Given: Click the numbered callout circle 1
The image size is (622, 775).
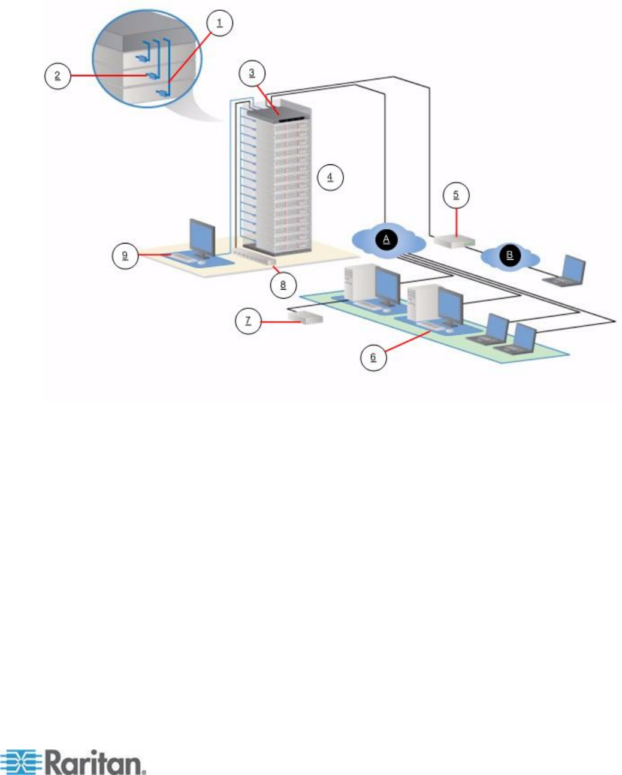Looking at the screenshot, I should [219, 23].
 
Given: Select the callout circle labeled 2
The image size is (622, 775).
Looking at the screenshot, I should [57, 76].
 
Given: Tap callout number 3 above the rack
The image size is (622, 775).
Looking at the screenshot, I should [252, 73].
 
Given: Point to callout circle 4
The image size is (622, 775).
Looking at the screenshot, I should [330, 177].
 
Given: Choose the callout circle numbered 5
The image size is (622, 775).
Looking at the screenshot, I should [456, 195].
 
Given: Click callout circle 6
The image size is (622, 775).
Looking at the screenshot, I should [373, 358].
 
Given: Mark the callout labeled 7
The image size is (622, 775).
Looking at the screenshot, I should [248, 321].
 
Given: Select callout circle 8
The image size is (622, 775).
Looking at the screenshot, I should [283, 284].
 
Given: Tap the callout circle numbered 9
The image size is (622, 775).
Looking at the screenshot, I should [125, 255].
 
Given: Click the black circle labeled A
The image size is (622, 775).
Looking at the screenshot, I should [387, 239].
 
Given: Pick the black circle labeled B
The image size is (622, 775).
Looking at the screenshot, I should [510, 255].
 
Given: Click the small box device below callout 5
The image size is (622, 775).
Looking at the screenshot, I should [455, 241].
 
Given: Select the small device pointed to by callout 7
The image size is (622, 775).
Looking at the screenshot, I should [306, 317].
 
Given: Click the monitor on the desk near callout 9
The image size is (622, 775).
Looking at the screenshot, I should [203, 238].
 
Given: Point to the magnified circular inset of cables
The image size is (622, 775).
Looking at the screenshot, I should [147, 61].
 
